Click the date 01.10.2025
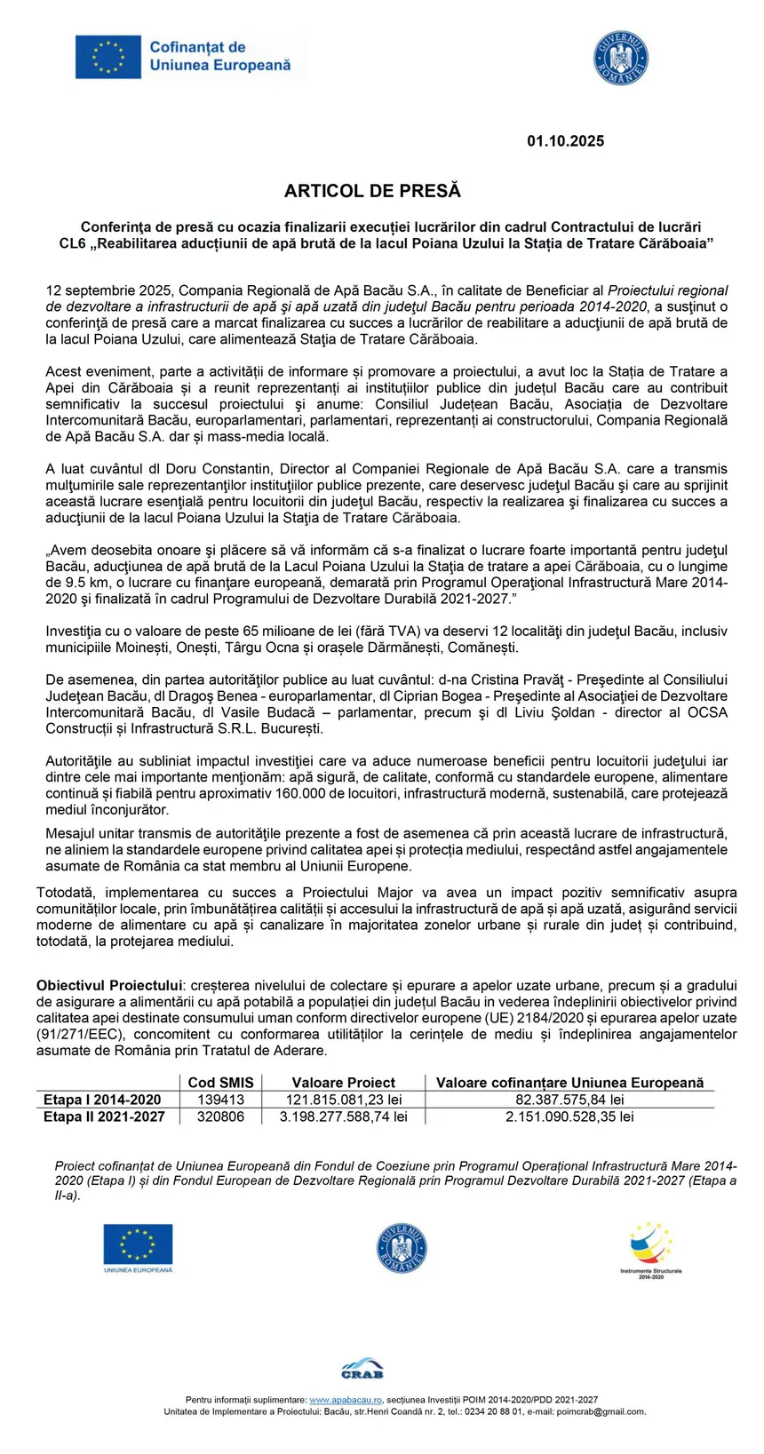565,141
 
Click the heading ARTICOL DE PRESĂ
372,191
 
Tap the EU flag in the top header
108,57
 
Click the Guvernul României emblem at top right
621,60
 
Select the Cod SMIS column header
220,1083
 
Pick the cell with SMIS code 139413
220,1100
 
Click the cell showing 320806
220,1116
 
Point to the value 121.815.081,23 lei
343,1100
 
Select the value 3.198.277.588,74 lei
343,1116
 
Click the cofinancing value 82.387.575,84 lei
569,1100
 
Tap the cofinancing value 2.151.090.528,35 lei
569,1116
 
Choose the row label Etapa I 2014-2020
102,1100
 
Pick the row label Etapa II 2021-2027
104,1116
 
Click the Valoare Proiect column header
343,1083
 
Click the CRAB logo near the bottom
362,1369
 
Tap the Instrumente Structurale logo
651,1250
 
